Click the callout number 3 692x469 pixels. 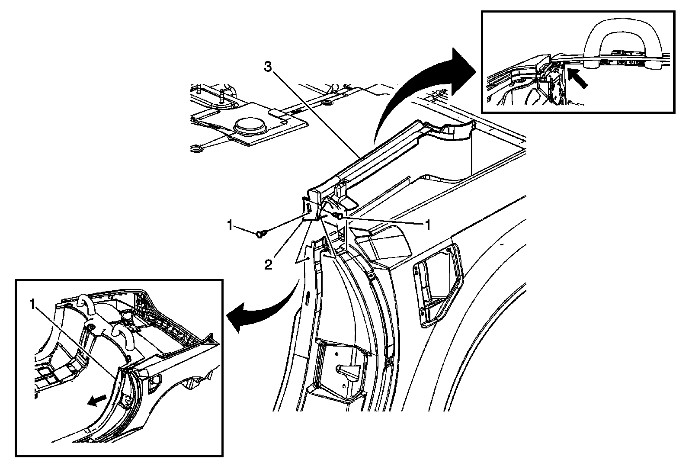[x=268, y=67]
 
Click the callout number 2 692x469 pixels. [x=268, y=265]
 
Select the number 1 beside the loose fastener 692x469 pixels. [x=230, y=225]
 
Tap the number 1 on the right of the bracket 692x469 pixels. [x=428, y=225]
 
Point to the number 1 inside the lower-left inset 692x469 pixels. [x=32, y=304]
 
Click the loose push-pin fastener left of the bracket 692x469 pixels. [x=259, y=234]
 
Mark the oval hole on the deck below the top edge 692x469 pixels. [x=327, y=102]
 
